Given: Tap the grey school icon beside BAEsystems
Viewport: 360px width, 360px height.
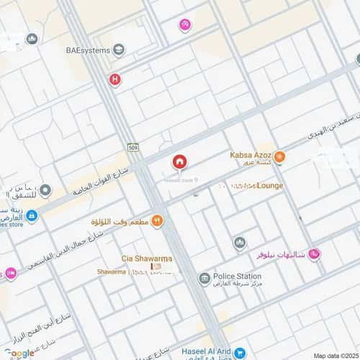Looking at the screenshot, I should coord(119,50).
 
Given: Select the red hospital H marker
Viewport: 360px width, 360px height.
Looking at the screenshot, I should coord(114,80).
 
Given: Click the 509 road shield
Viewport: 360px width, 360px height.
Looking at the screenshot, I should coord(132,148).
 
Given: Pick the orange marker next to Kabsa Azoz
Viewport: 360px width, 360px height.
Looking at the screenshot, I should coord(279,156).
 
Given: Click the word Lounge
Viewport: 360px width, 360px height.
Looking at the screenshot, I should coord(268,186).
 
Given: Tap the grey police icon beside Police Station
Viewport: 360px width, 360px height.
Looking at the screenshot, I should coord(205,278).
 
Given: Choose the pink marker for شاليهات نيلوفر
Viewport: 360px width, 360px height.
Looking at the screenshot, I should coord(315,254).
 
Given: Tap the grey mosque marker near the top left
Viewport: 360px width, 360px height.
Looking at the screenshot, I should coord(31,39).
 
